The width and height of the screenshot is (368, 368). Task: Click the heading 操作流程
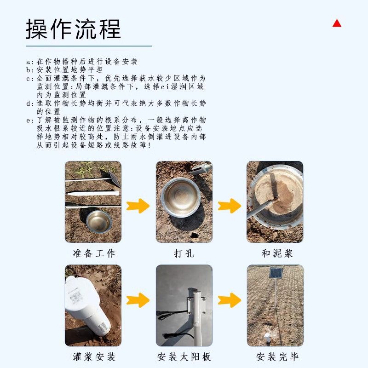coord(73,29)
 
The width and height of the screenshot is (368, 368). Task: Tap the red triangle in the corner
coord(337,23)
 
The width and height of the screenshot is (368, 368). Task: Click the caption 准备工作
coord(94,253)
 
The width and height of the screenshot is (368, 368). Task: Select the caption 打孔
coord(184,253)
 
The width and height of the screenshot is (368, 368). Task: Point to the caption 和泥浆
coord(277,253)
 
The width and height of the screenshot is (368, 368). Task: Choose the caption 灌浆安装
coord(94,357)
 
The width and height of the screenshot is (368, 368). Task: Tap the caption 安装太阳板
coord(184,357)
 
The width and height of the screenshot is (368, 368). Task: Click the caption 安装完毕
coord(277,357)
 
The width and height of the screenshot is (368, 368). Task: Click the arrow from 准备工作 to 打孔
coord(138,206)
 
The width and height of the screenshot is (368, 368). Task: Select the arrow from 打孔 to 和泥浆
coord(229,206)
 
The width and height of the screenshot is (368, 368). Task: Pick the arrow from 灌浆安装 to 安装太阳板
coord(138,300)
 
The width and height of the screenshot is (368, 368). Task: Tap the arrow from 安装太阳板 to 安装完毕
coord(229,300)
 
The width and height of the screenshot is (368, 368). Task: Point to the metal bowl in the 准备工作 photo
coord(99,222)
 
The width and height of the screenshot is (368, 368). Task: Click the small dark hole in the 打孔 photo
coord(194,235)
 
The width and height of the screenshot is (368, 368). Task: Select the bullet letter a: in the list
coord(30,62)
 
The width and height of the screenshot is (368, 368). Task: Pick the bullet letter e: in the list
coord(30,121)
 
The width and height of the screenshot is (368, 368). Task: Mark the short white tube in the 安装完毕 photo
coord(267,338)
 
